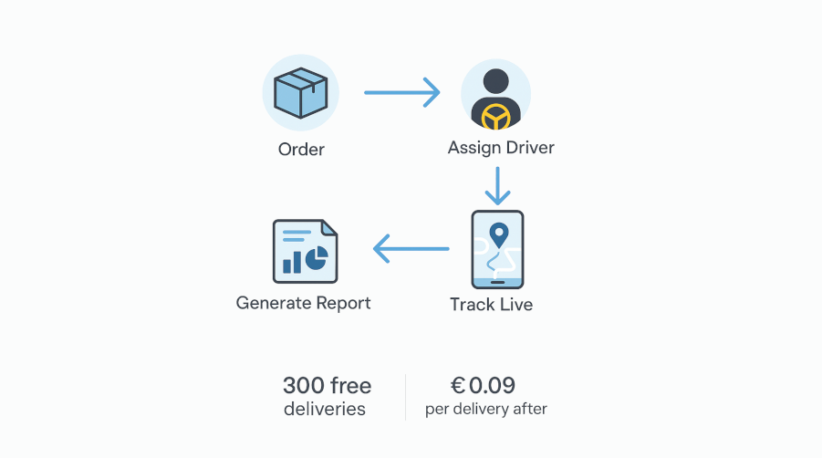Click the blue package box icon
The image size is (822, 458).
pos(300,93)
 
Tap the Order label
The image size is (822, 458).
pos(301,150)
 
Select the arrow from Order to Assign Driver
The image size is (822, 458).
pos(401,92)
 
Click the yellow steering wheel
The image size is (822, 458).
pos(495,117)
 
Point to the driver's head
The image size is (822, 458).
pos(495,81)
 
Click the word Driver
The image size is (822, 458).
pos(531,147)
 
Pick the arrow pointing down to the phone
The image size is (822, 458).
pos(497,186)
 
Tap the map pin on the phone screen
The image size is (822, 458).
pos(498,234)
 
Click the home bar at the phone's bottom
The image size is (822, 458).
pos(497,283)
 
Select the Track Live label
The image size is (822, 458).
pos(491,305)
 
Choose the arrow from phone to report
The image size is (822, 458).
pos(411,248)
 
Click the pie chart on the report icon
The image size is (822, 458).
pos(317,257)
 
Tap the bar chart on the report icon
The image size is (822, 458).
pos(292,263)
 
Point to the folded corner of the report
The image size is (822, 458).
pos(328,228)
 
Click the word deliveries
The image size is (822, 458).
pos(325,409)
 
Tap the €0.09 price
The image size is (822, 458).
pos(483,386)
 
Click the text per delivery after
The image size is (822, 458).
pos(486,409)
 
